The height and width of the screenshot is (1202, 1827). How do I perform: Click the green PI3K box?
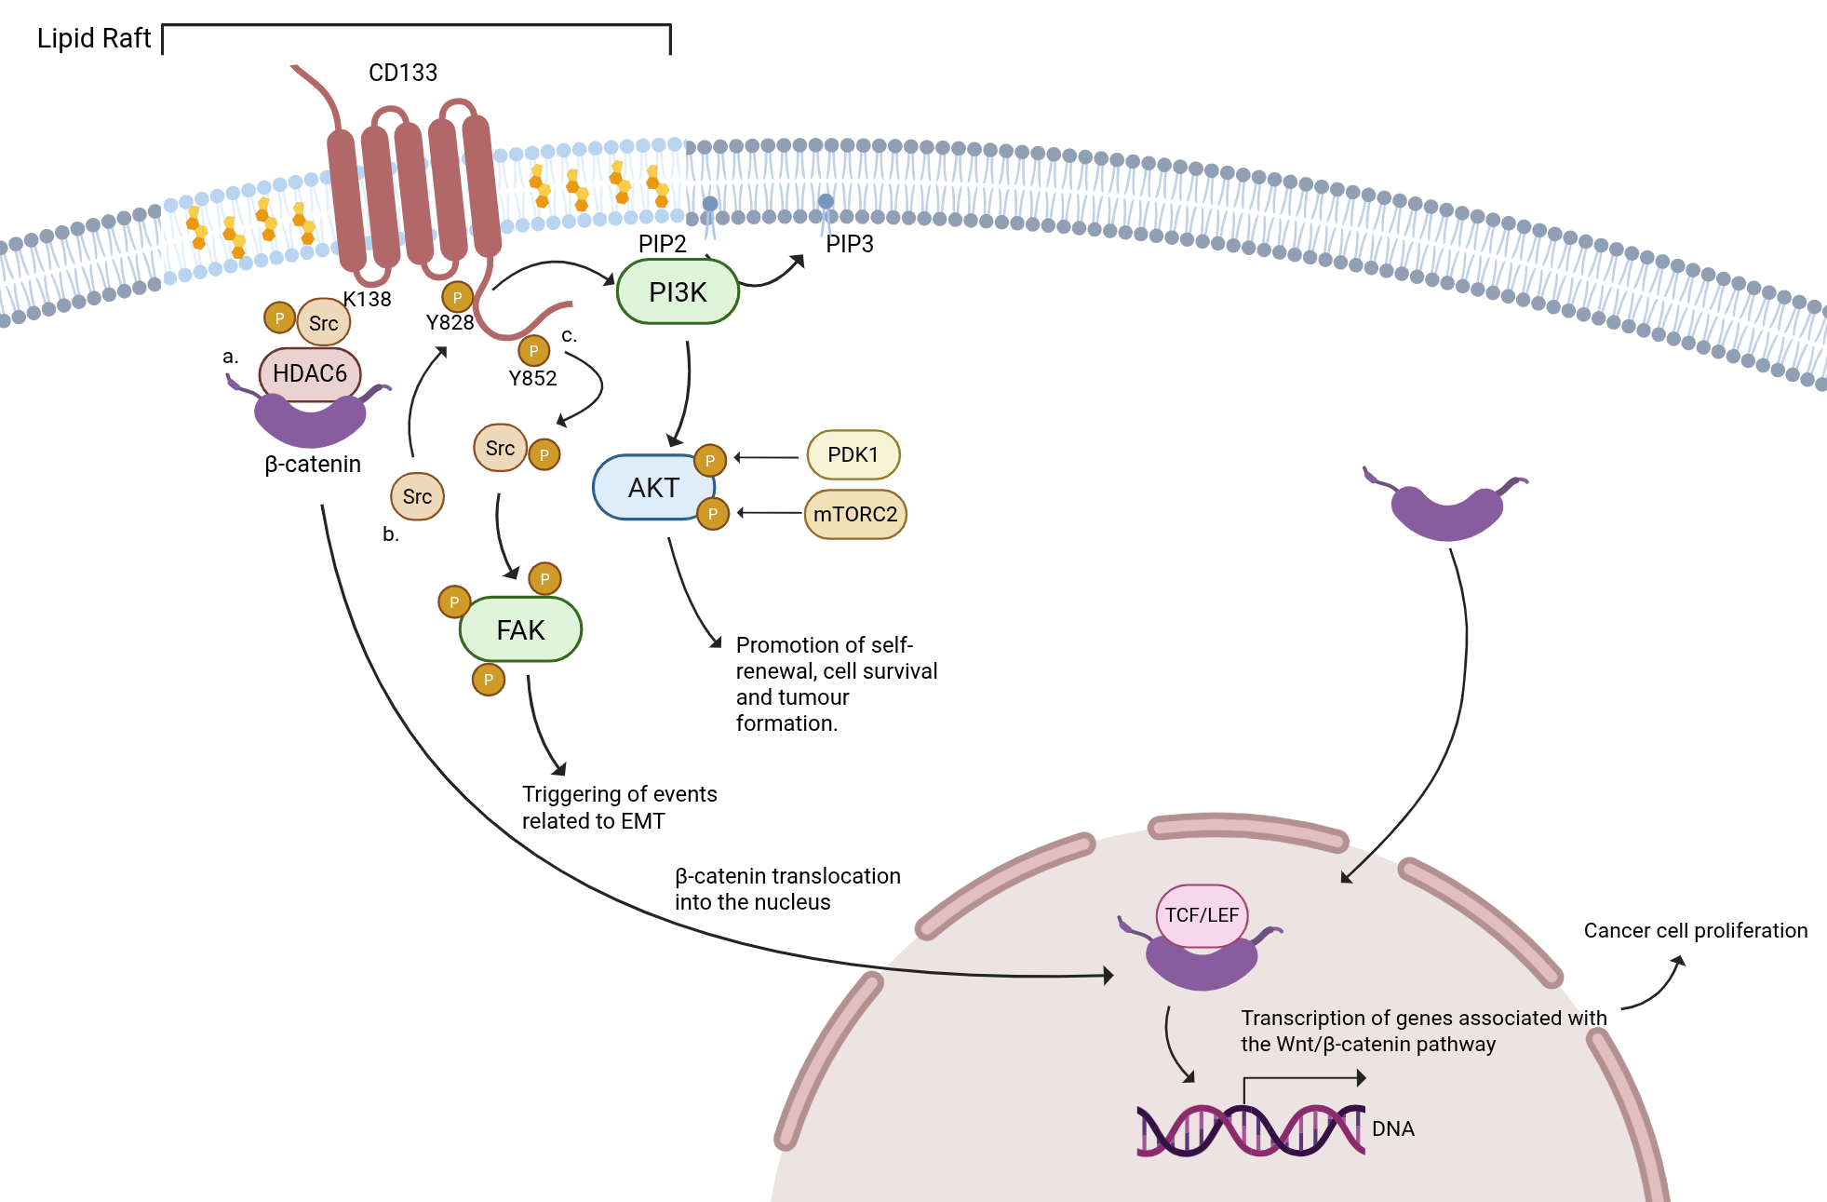pos(678,292)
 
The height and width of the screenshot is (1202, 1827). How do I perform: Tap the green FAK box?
pos(520,630)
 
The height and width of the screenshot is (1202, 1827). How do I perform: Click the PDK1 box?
pos(853,454)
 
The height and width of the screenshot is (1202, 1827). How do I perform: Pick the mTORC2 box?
pos(855,514)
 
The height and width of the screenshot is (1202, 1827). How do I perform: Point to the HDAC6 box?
pos(310,373)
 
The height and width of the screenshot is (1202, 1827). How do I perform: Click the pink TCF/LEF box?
pos(1202,915)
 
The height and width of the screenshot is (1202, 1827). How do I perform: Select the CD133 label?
pos(403,73)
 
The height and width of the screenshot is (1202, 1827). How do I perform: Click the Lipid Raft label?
pos(93,38)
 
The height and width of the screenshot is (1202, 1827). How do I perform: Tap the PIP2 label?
pos(662,244)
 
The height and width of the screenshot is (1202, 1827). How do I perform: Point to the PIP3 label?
pos(850,244)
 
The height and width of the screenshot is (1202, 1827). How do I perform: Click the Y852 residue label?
pos(532,378)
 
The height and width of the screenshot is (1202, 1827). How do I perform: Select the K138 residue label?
pos(368,299)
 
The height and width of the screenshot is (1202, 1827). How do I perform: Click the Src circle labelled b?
pos(417,496)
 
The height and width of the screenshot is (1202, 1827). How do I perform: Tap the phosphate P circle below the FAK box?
pos(489,680)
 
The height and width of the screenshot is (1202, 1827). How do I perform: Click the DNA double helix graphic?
pos(1250,1130)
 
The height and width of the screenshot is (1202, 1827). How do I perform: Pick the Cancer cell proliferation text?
pos(1695,930)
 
